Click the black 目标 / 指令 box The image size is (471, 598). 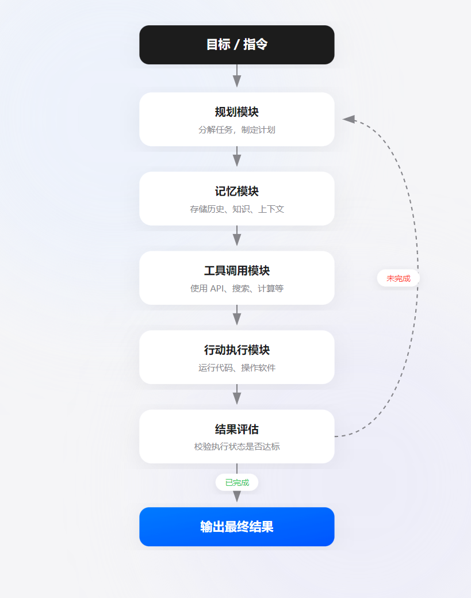tap(236, 44)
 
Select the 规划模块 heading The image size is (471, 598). tap(236, 112)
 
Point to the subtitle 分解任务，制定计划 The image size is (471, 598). tap(236, 130)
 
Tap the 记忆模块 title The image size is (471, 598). tap(236, 191)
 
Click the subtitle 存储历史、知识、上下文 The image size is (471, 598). tap(236, 209)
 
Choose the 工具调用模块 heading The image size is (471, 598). tap(236, 271)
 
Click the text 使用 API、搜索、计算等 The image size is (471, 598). tap(236, 289)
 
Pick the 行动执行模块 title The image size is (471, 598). tap(236, 350)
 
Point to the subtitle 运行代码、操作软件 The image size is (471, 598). tap(236, 368)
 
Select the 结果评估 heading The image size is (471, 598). tap(236, 430)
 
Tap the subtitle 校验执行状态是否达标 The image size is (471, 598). tap(236, 447)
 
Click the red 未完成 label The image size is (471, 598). tap(399, 278)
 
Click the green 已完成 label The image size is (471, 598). tap(237, 482)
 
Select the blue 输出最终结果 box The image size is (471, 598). tap(236, 527)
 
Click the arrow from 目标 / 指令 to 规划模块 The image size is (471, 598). tap(236, 76)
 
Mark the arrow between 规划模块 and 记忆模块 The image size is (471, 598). tap(236, 157)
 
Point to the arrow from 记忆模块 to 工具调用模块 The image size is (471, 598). tap(236, 236)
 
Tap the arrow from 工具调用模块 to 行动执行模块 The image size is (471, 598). tap(236, 316)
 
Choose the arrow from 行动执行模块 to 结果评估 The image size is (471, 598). tap(236, 395)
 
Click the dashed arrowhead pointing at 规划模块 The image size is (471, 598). tap(349, 119)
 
